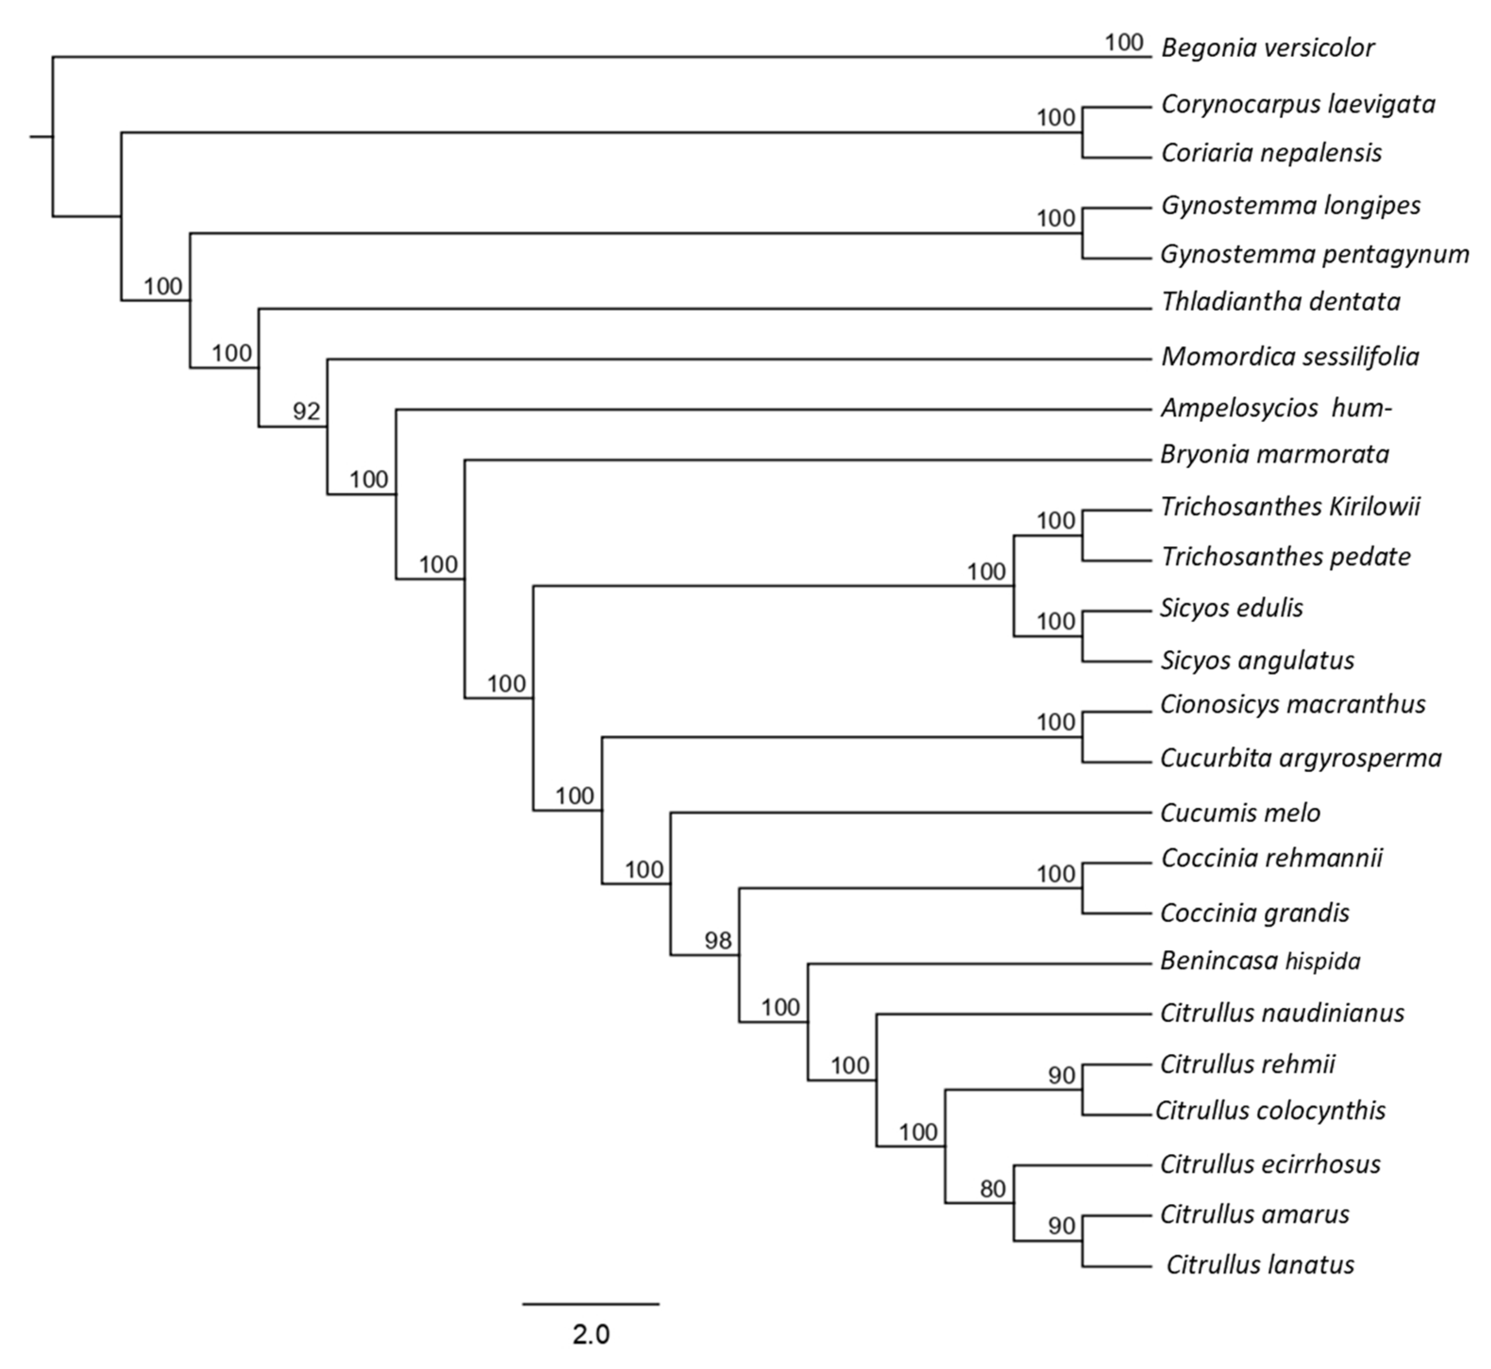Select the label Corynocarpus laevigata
point(1298,104)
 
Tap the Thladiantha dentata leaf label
point(1280,302)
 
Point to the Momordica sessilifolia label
point(1290,357)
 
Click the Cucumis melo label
point(1240,813)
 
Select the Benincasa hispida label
point(1260,961)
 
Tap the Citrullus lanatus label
point(1260,1265)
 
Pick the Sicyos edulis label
point(1231,608)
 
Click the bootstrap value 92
point(306,411)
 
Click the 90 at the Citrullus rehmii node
point(1061,1076)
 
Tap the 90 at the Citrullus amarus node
point(1061,1226)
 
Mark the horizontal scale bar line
point(591,1304)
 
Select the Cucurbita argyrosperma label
point(1300,759)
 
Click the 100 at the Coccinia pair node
point(1056,874)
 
